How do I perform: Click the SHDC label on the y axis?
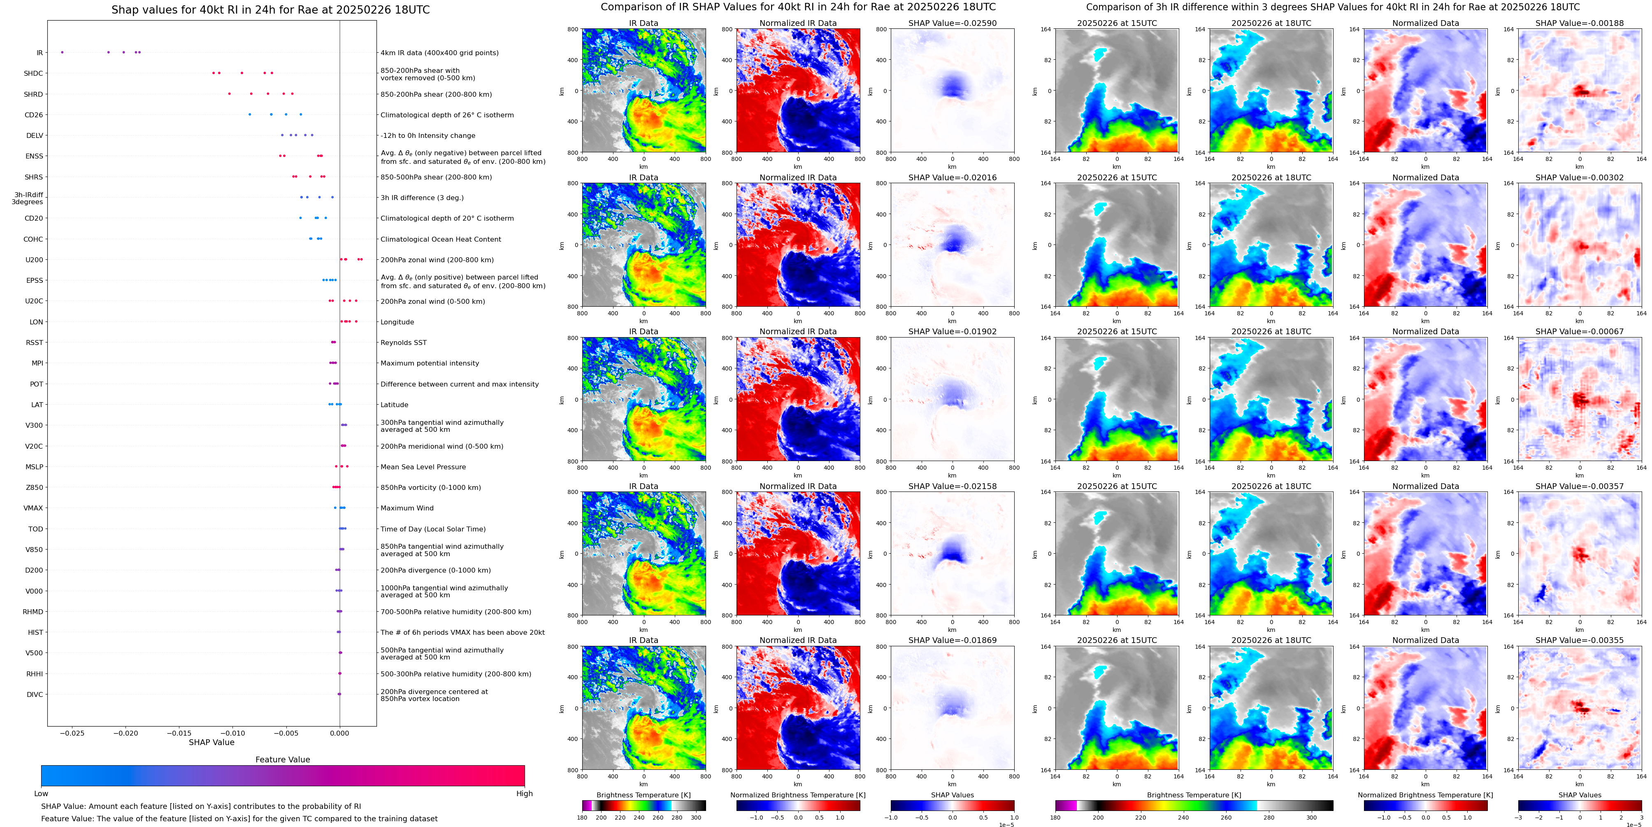point(33,74)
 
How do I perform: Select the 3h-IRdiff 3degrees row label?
point(28,198)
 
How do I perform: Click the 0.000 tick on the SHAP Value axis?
point(340,733)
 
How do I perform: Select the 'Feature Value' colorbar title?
point(283,759)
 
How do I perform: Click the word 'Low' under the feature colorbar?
point(41,794)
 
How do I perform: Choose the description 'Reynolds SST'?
point(403,342)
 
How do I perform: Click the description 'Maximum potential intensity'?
point(430,363)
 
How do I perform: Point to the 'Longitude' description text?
point(397,322)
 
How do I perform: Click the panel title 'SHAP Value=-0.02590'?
point(953,23)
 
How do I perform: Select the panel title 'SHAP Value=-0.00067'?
point(1580,332)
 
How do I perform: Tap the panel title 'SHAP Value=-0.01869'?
point(953,640)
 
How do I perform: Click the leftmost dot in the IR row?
point(62,52)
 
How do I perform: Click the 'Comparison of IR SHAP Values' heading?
point(798,7)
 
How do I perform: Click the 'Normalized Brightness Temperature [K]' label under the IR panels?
point(798,795)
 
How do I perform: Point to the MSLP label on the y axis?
point(34,467)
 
